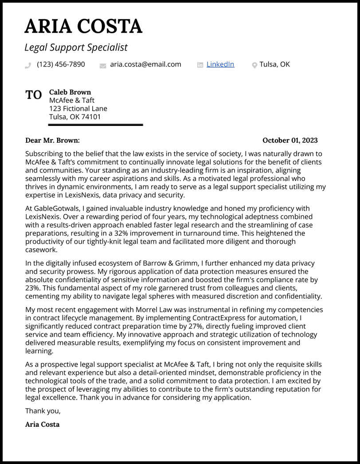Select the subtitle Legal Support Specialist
[76, 47]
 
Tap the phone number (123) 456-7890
[61, 64]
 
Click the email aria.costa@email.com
[145, 64]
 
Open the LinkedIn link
[220, 64]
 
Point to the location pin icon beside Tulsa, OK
[254, 65]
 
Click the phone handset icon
[28, 66]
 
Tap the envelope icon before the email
[103, 66]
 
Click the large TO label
[34, 95]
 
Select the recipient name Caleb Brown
[70, 92]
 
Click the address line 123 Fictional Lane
[78, 109]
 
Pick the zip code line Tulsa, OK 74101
[75, 117]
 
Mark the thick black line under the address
[95, 125]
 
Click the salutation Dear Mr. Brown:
[52, 140]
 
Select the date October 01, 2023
[290, 140]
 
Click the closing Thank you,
[43, 411]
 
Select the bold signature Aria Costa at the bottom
[43, 424]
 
